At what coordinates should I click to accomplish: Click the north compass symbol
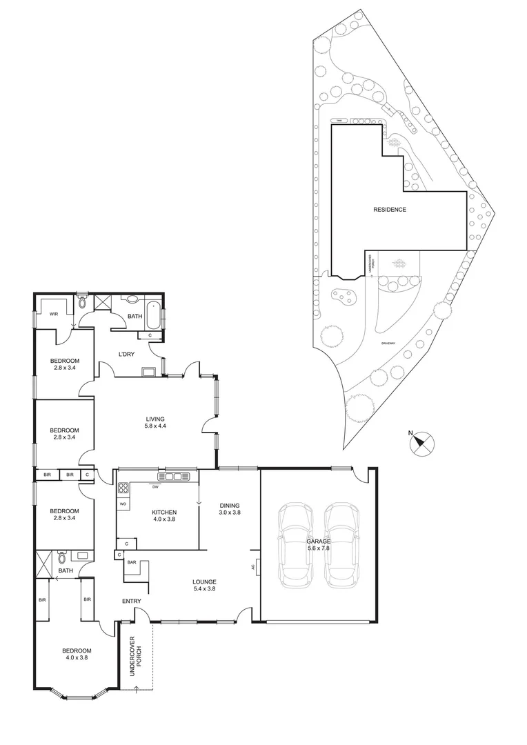(421, 442)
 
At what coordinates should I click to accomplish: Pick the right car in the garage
(343, 545)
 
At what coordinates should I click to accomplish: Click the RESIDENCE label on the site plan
(390, 210)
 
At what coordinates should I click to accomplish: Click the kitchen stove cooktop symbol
(123, 488)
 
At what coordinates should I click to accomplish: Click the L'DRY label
(126, 355)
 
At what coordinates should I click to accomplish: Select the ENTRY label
(132, 602)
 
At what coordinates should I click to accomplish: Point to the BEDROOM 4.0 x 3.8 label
(77, 654)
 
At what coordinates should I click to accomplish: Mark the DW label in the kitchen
(156, 487)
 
